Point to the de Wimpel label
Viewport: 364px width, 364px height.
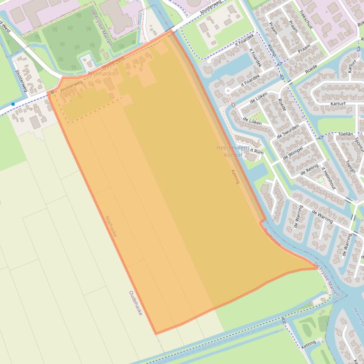(293, 149)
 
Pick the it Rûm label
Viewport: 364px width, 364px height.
(256, 152)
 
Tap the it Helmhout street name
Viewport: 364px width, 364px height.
(328, 178)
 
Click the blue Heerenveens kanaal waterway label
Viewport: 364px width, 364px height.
(230, 151)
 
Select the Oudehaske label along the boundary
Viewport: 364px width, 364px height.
(135, 303)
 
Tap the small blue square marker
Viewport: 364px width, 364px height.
(13, 104)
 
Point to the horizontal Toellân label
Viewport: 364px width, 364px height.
(346, 134)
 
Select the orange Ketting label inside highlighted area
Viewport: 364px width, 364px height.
(235, 176)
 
